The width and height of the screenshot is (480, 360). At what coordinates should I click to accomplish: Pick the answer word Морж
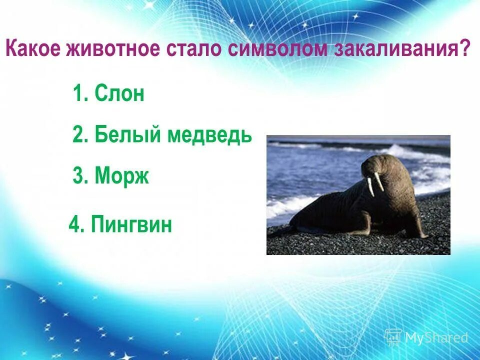pyautogui.click(x=122, y=176)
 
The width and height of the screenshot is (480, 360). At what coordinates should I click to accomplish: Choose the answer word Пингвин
pyautogui.click(x=132, y=224)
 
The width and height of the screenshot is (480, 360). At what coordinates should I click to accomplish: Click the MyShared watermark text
pyautogui.click(x=436, y=337)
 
